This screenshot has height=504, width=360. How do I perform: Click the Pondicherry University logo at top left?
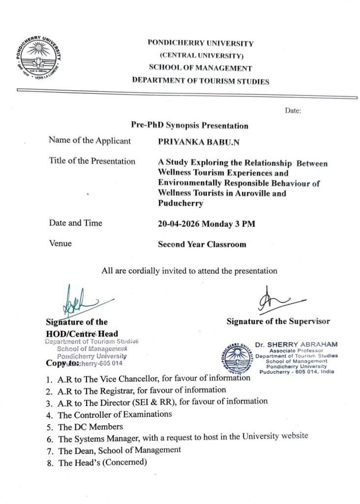pyautogui.click(x=37, y=57)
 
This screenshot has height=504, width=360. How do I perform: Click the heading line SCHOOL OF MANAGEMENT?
pyautogui.click(x=201, y=68)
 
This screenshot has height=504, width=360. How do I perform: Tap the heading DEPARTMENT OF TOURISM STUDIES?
pyautogui.click(x=201, y=81)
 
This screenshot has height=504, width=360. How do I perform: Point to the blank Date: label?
pyautogui.click(x=293, y=111)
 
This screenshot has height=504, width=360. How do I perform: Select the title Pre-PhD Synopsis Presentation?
pyautogui.click(x=189, y=126)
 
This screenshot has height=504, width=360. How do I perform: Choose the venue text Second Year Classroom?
pyautogui.click(x=202, y=244)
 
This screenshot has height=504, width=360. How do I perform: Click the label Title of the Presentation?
pyautogui.click(x=92, y=161)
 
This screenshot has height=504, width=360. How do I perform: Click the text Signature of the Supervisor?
pyautogui.click(x=278, y=322)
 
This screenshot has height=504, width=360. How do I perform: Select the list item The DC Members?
pyautogui.click(x=90, y=427)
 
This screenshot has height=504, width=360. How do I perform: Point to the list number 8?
pyautogui.click(x=50, y=463)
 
